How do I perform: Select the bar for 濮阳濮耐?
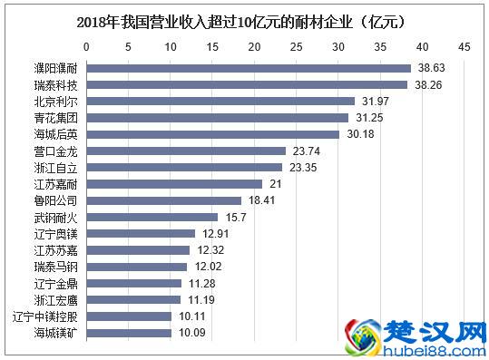pyautogui.click(x=249, y=67)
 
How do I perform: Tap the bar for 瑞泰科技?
pyautogui.click(x=247, y=83)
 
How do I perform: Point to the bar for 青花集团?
pyautogui.click(x=218, y=117)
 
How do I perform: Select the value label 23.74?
pyautogui.click(x=306, y=151)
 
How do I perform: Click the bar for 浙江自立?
pyautogui.click(x=184, y=167)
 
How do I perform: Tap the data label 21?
pyautogui.click(x=277, y=184)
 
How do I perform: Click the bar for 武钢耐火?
pyautogui.click(x=152, y=217)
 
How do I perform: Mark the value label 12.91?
pyautogui.click(x=215, y=233)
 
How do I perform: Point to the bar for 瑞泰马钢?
pyautogui.click(x=137, y=267)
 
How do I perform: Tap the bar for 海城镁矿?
pyautogui.click(x=129, y=333)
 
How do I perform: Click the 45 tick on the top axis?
pyautogui.click(x=464, y=45)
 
